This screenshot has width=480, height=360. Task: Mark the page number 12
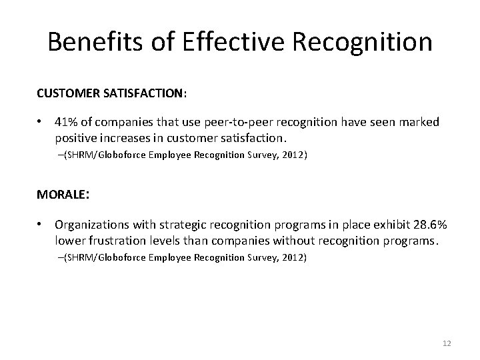[447, 343]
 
